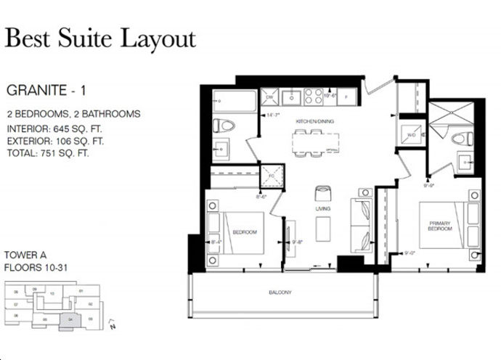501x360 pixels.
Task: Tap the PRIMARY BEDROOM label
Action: pyautogui.click(x=440, y=225)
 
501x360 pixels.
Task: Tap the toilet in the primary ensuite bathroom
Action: pyautogui.click(x=459, y=138)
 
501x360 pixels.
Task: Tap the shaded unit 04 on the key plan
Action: pyautogui.click(x=69, y=316)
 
